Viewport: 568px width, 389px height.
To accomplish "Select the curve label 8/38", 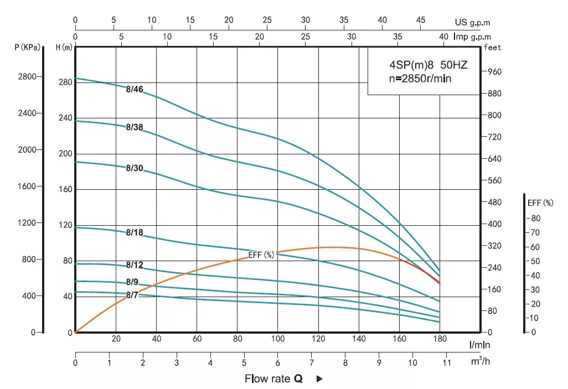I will pyautogui.click(x=135, y=127).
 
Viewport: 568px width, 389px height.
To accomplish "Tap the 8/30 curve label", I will pyautogui.click(x=135, y=168).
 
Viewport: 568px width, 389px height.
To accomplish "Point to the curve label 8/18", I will pyautogui.click(x=135, y=232).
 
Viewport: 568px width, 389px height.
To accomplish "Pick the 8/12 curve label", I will pyautogui.click(x=135, y=265).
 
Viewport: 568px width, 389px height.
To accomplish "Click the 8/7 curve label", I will pyautogui.click(x=132, y=295).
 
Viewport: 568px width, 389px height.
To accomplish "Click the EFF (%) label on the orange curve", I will pyautogui.click(x=261, y=255).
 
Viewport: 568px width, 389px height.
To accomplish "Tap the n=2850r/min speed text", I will pyautogui.click(x=420, y=79).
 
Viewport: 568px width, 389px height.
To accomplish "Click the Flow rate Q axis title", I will pyautogui.click(x=274, y=379).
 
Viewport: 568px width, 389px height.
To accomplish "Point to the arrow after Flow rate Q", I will pyautogui.click(x=319, y=379).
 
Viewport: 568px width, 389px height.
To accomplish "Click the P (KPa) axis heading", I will pyautogui.click(x=27, y=48).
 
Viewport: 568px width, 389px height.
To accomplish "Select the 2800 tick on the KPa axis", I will pyautogui.click(x=27, y=77).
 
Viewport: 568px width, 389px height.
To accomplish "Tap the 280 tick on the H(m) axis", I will pyautogui.click(x=66, y=82).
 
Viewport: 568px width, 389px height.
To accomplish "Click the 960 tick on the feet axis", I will pyautogui.click(x=494, y=72).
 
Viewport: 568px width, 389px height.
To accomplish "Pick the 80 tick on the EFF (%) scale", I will pyautogui.click(x=536, y=218).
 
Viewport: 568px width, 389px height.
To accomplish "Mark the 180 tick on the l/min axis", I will pyautogui.click(x=440, y=339).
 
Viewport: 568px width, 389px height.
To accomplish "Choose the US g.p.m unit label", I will pyautogui.click(x=472, y=23).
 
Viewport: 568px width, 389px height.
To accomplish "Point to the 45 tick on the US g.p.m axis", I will pyautogui.click(x=421, y=20).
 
